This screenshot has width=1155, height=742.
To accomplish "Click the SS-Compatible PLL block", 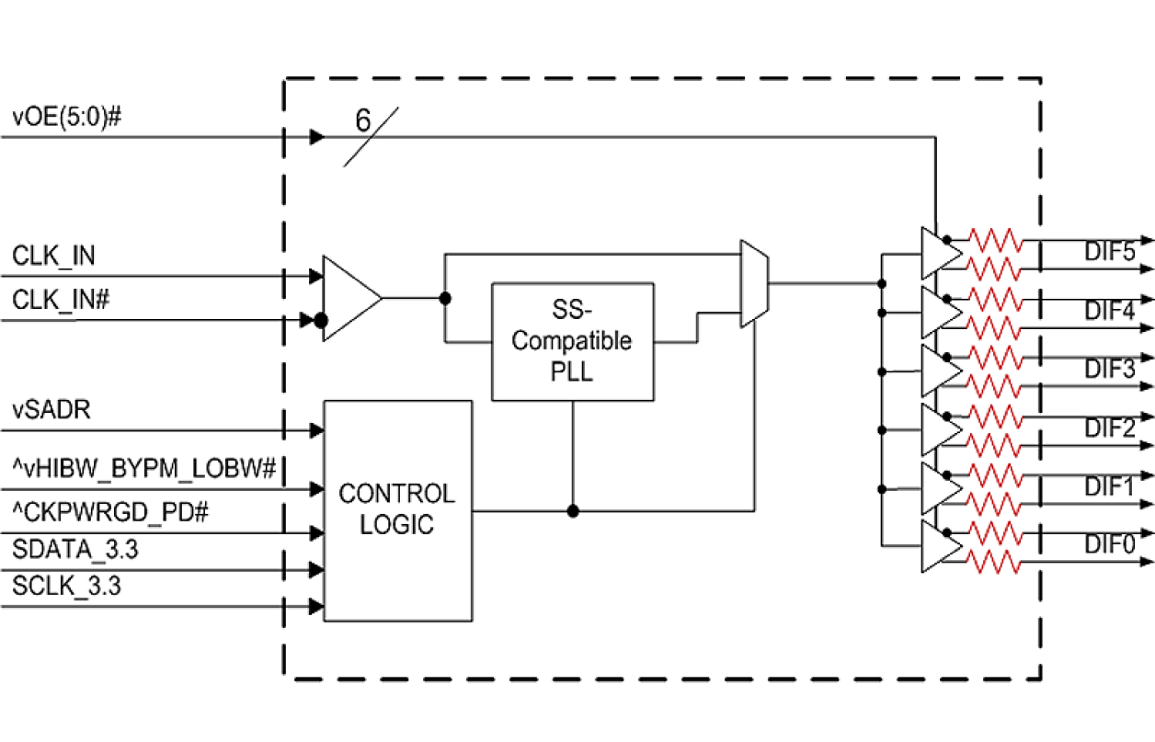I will pyautogui.click(x=573, y=341).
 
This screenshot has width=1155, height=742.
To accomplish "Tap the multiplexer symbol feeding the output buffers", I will pyautogui.click(x=754, y=284).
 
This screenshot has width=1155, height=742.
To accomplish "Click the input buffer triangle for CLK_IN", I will pyautogui.click(x=349, y=299).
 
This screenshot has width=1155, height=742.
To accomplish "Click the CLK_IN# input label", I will pyautogui.click(x=62, y=299).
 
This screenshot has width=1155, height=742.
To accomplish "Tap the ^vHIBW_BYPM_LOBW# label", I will pyautogui.click(x=144, y=469).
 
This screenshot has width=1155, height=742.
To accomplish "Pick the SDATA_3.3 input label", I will pyautogui.click(x=75, y=550).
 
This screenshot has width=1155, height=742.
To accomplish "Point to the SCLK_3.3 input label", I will pyautogui.click(x=67, y=586).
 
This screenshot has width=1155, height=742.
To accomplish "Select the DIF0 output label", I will pyautogui.click(x=1109, y=544).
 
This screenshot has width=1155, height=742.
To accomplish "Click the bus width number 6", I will pyautogui.click(x=364, y=120).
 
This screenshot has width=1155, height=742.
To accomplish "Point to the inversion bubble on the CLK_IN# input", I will pyautogui.click(x=320, y=320).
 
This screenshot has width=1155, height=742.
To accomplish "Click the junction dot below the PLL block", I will pyautogui.click(x=573, y=510).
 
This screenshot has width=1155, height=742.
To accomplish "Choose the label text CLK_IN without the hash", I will pyautogui.click(x=53, y=256).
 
